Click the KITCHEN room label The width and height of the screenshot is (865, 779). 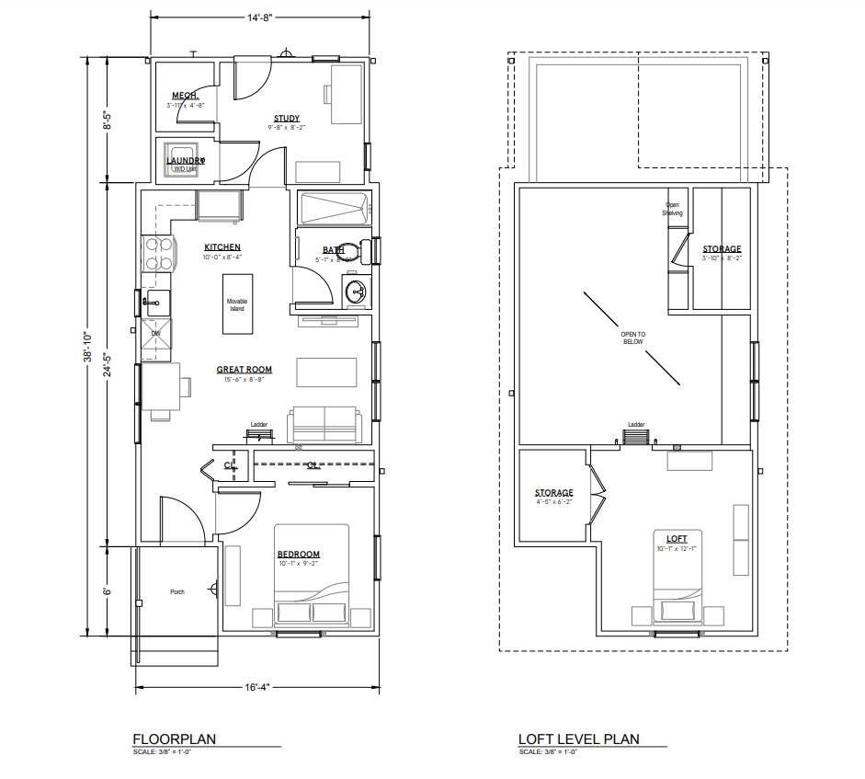(x=222, y=247)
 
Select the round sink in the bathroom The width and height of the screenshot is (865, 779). (x=356, y=293)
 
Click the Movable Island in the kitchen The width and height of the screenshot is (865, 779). (x=238, y=304)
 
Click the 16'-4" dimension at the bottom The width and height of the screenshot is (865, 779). (x=257, y=686)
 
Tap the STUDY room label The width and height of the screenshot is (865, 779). (x=286, y=119)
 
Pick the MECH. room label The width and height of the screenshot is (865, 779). (x=187, y=96)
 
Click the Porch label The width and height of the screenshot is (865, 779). (x=177, y=591)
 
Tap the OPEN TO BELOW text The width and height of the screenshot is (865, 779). (x=633, y=338)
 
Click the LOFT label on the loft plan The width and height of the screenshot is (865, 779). (x=677, y=538)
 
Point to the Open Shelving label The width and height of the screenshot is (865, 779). (x=674, y=209)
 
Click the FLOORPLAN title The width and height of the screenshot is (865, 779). (x=175, y=739)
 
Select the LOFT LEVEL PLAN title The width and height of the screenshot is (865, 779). (x=579, y=739)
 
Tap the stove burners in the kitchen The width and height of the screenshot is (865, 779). (x=156, y=254)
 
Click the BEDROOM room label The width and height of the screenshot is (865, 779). (x=299, y=554)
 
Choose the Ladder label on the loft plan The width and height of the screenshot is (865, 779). (x=636, y=425)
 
